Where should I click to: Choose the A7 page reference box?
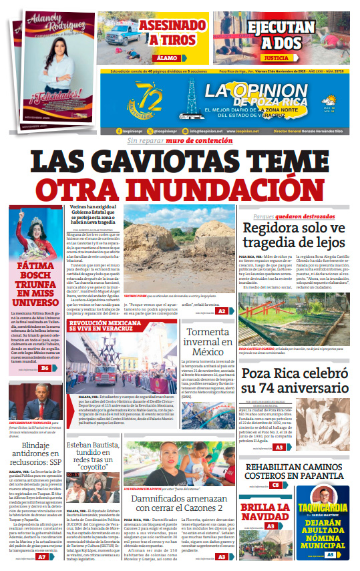point(41,556)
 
